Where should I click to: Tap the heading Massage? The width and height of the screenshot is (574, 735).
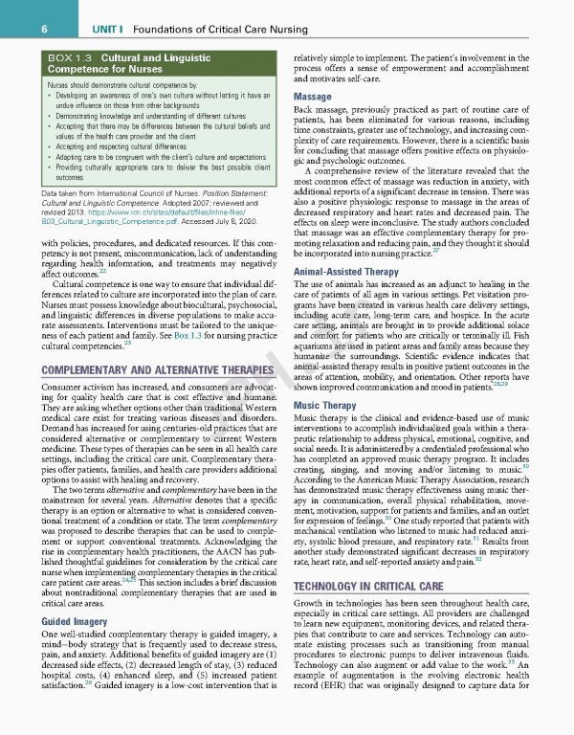point(313,98)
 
